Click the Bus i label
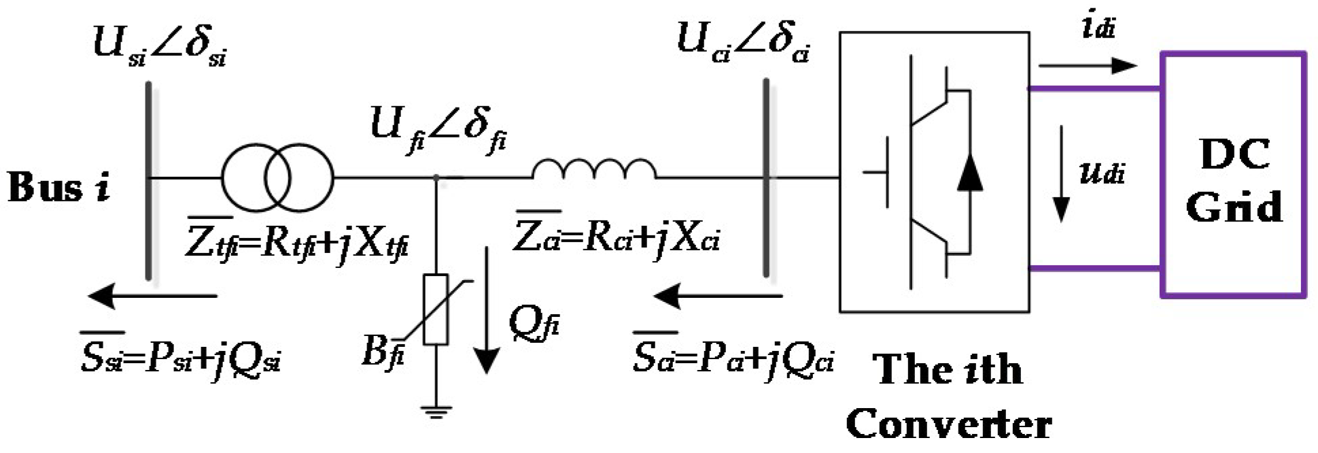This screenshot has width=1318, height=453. pos(58,186)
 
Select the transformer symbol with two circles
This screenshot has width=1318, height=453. pos(277,178)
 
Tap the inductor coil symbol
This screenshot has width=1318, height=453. pos(593,170)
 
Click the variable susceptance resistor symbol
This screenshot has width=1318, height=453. pos(435,309)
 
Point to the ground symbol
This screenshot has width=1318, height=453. pos(435,411)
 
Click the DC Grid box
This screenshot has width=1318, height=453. pos(1233,175)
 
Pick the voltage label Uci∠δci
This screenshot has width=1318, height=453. pos(742,42)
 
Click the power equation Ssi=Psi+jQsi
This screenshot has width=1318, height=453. pos(180,358)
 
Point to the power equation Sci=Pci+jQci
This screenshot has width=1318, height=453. pos(733,358)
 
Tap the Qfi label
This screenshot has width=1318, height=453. pos(534,325)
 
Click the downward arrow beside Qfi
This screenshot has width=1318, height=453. pos(486,309)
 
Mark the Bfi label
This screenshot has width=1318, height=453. pos(383,352)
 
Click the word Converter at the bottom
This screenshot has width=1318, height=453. pos(948,424)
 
